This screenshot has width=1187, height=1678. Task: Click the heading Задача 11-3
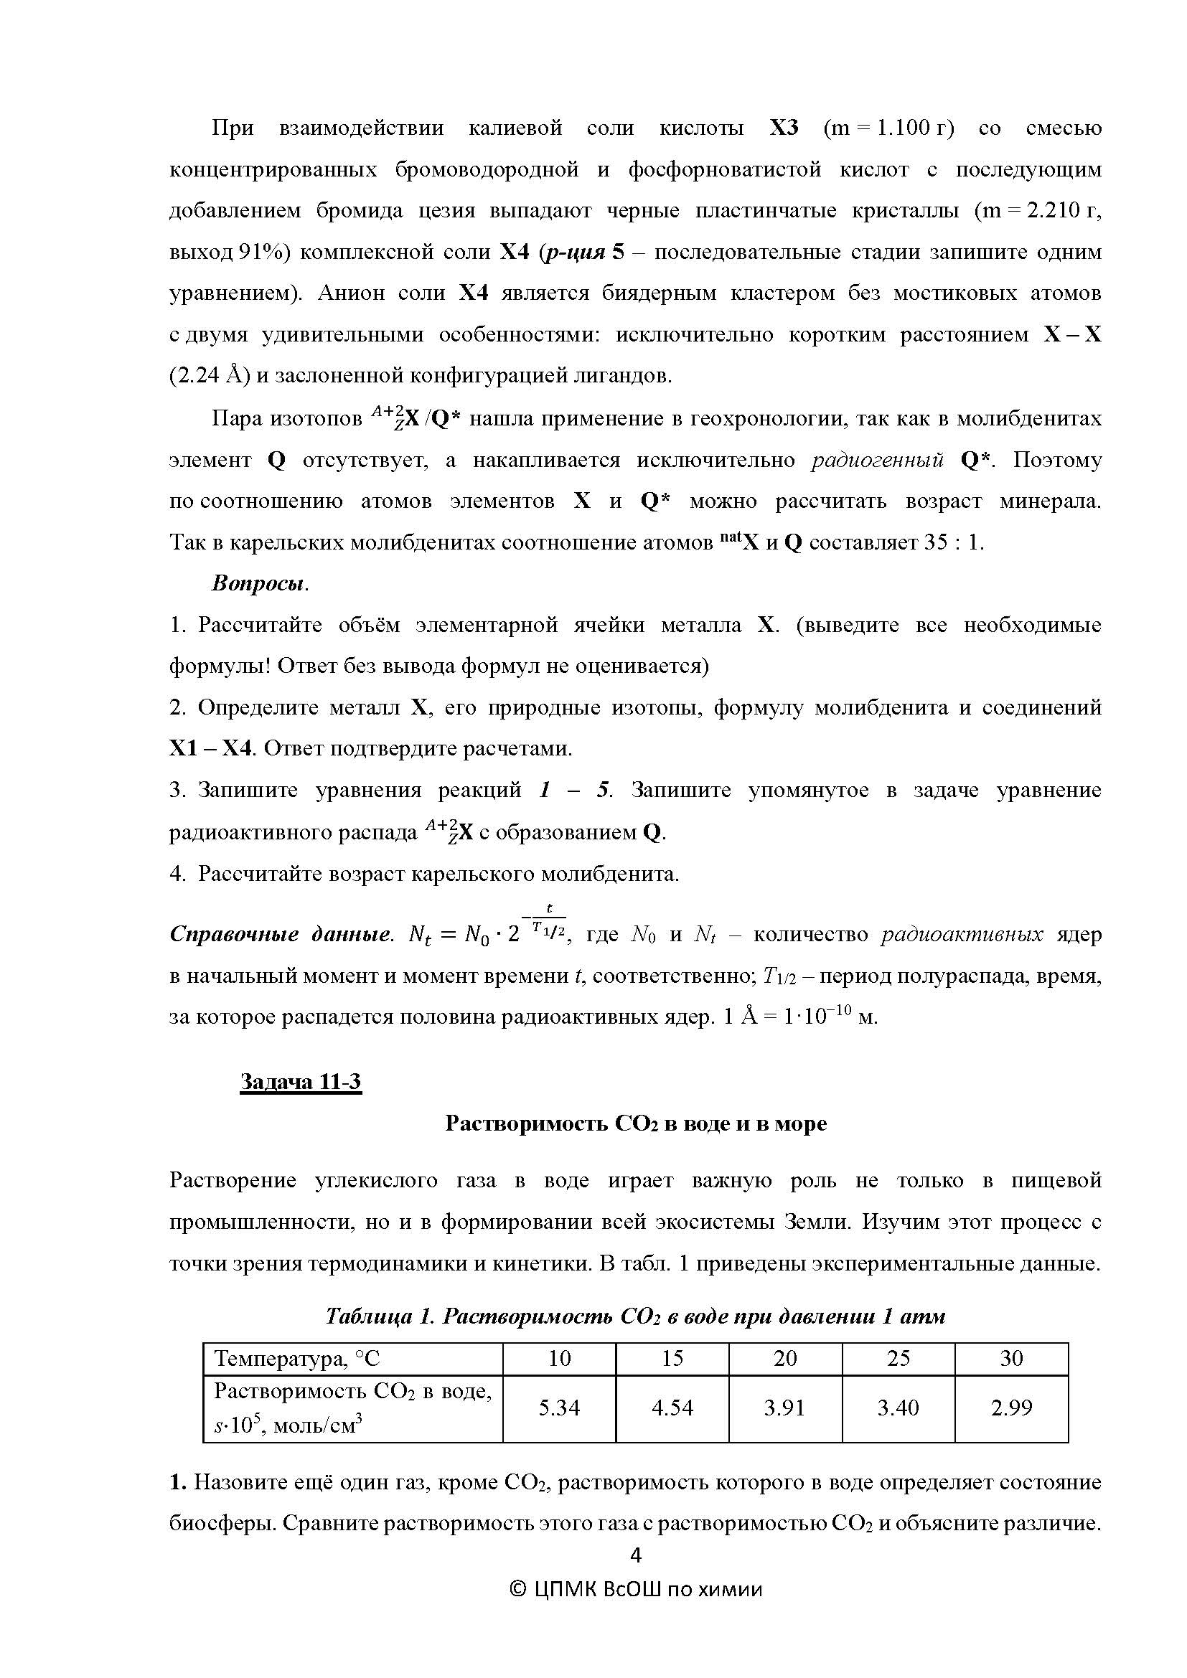pos(301,1082)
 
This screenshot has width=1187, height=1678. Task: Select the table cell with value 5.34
pos(559,1408)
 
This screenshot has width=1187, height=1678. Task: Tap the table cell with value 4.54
pos(672,1408)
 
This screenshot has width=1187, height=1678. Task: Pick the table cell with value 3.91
pos(785,1408)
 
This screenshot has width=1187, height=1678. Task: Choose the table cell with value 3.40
pos(899,1408)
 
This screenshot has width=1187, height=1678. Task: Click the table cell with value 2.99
pos(1012,1408)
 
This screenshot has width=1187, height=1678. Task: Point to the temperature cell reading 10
pos(559,1359)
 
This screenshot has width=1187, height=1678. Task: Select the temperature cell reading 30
pos(1012,1359)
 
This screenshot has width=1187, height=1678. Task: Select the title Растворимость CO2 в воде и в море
pos(636,1123)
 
